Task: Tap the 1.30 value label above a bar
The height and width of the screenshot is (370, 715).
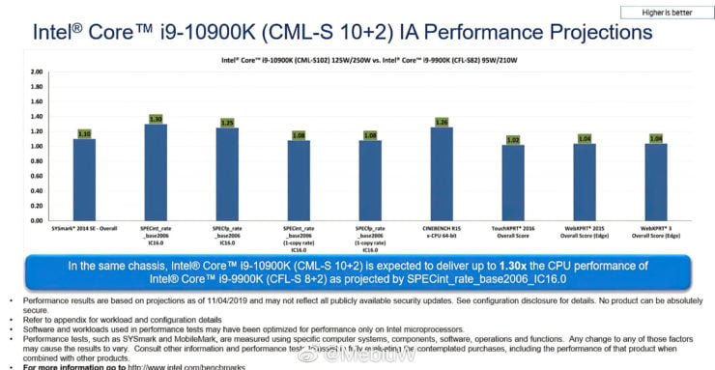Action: (155, 119)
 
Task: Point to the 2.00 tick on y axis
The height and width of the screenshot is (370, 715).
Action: (35, 72)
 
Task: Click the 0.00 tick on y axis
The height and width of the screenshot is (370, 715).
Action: (35, 220)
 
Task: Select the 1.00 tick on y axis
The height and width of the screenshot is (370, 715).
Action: (35, 147)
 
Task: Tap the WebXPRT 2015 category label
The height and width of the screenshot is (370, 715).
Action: (585, 233)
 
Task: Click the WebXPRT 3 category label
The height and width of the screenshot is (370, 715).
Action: (656, 233)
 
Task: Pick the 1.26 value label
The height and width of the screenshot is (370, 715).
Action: (442, 122)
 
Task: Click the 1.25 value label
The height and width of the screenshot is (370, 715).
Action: (227, 123)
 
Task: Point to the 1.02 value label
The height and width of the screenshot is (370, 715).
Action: (513, 139)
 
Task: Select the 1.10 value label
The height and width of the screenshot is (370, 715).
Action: (84, 133)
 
